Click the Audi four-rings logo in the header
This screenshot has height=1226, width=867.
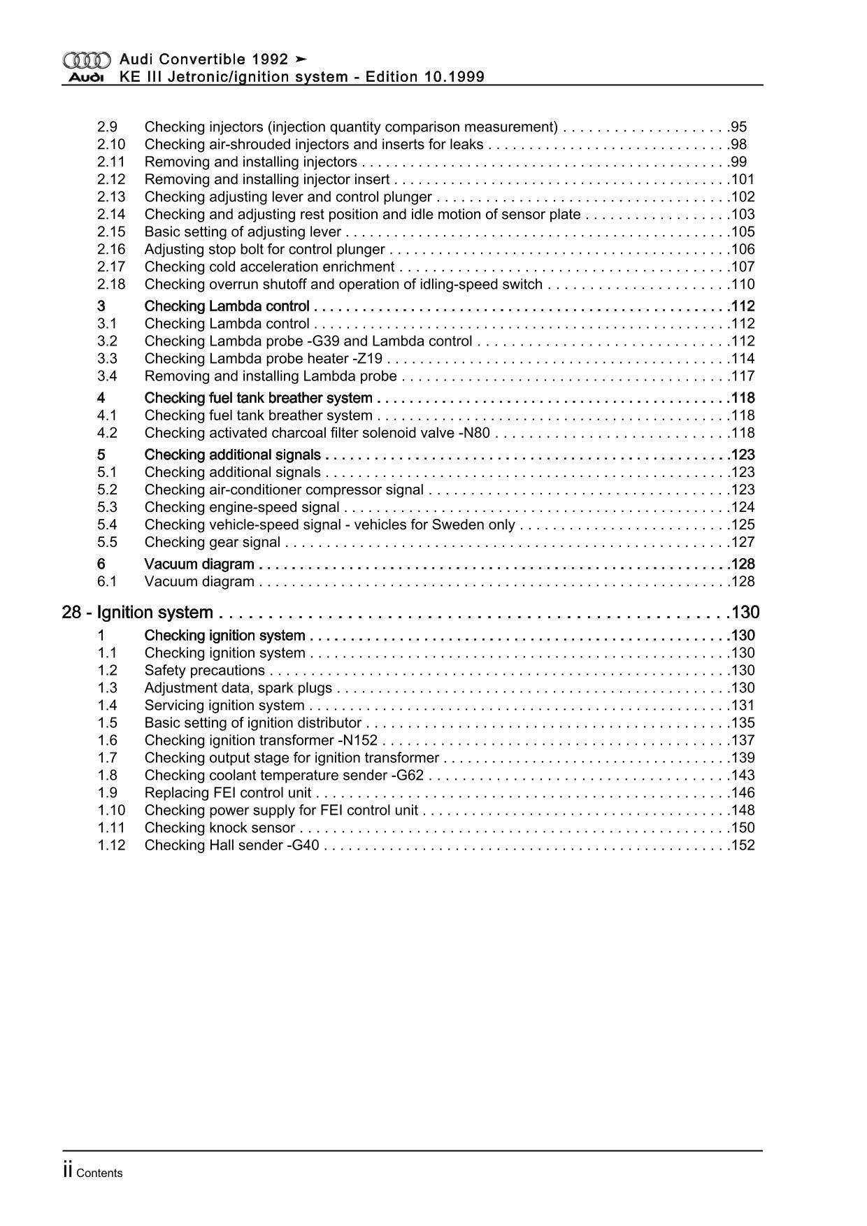tap(86, 60)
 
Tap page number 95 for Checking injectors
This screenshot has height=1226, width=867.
tap(739, 127)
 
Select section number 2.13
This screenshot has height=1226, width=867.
tap(111, 197)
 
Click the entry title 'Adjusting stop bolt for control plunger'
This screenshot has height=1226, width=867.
tap(264, 250)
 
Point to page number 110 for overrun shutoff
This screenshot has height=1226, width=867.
tap(743, 285)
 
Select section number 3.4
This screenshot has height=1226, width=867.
tap(107, 376)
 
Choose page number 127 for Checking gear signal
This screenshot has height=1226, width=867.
tap(743, 543)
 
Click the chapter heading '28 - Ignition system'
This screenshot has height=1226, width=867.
tap(138, 613)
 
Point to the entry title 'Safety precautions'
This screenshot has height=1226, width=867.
tap(205, 671)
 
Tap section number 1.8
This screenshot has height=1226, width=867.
tap(107, 776)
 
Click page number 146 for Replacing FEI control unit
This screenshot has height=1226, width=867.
tap(743, 793)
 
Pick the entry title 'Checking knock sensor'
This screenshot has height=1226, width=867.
tap(220, 828)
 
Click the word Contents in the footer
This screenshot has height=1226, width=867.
tap(99, 1174)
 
